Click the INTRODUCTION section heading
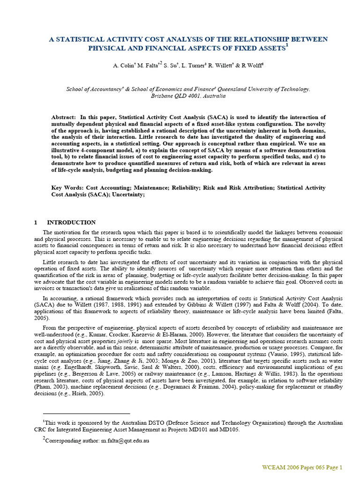pyautogui.click(x=71, y=222)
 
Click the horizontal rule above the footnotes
pyautogui.click(x=86, y=414)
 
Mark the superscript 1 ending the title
pyautogui.click(x=287, y=45)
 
